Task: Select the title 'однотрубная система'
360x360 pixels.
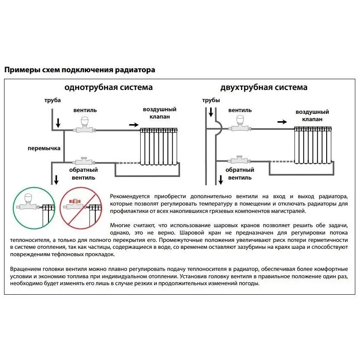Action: pyautogui.click(x=108, y=87)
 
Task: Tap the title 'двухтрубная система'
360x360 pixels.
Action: pyautogui.click(x=264, y=87)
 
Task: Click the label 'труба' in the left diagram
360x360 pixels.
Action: pyautogui.click(x=52, y=100)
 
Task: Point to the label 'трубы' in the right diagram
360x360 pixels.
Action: pyautogui.click(x=211, y=100)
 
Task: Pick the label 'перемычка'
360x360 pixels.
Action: pyautogui.click(x=44, y=148)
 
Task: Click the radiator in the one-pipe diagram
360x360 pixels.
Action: pyautogui.click(x=159, y=146)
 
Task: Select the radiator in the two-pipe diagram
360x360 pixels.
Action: pyautogui.click(x=313, y=145)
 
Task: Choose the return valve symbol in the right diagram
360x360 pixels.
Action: pyautogui.click(x=238, y=160)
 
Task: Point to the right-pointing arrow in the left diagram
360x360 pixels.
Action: pyautogui.click(x=134, y=125)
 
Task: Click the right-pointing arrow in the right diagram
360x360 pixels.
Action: pyautogui.click(x=282, y=122)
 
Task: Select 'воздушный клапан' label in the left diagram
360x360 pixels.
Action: pyautogui.click(x=160, y=113)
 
